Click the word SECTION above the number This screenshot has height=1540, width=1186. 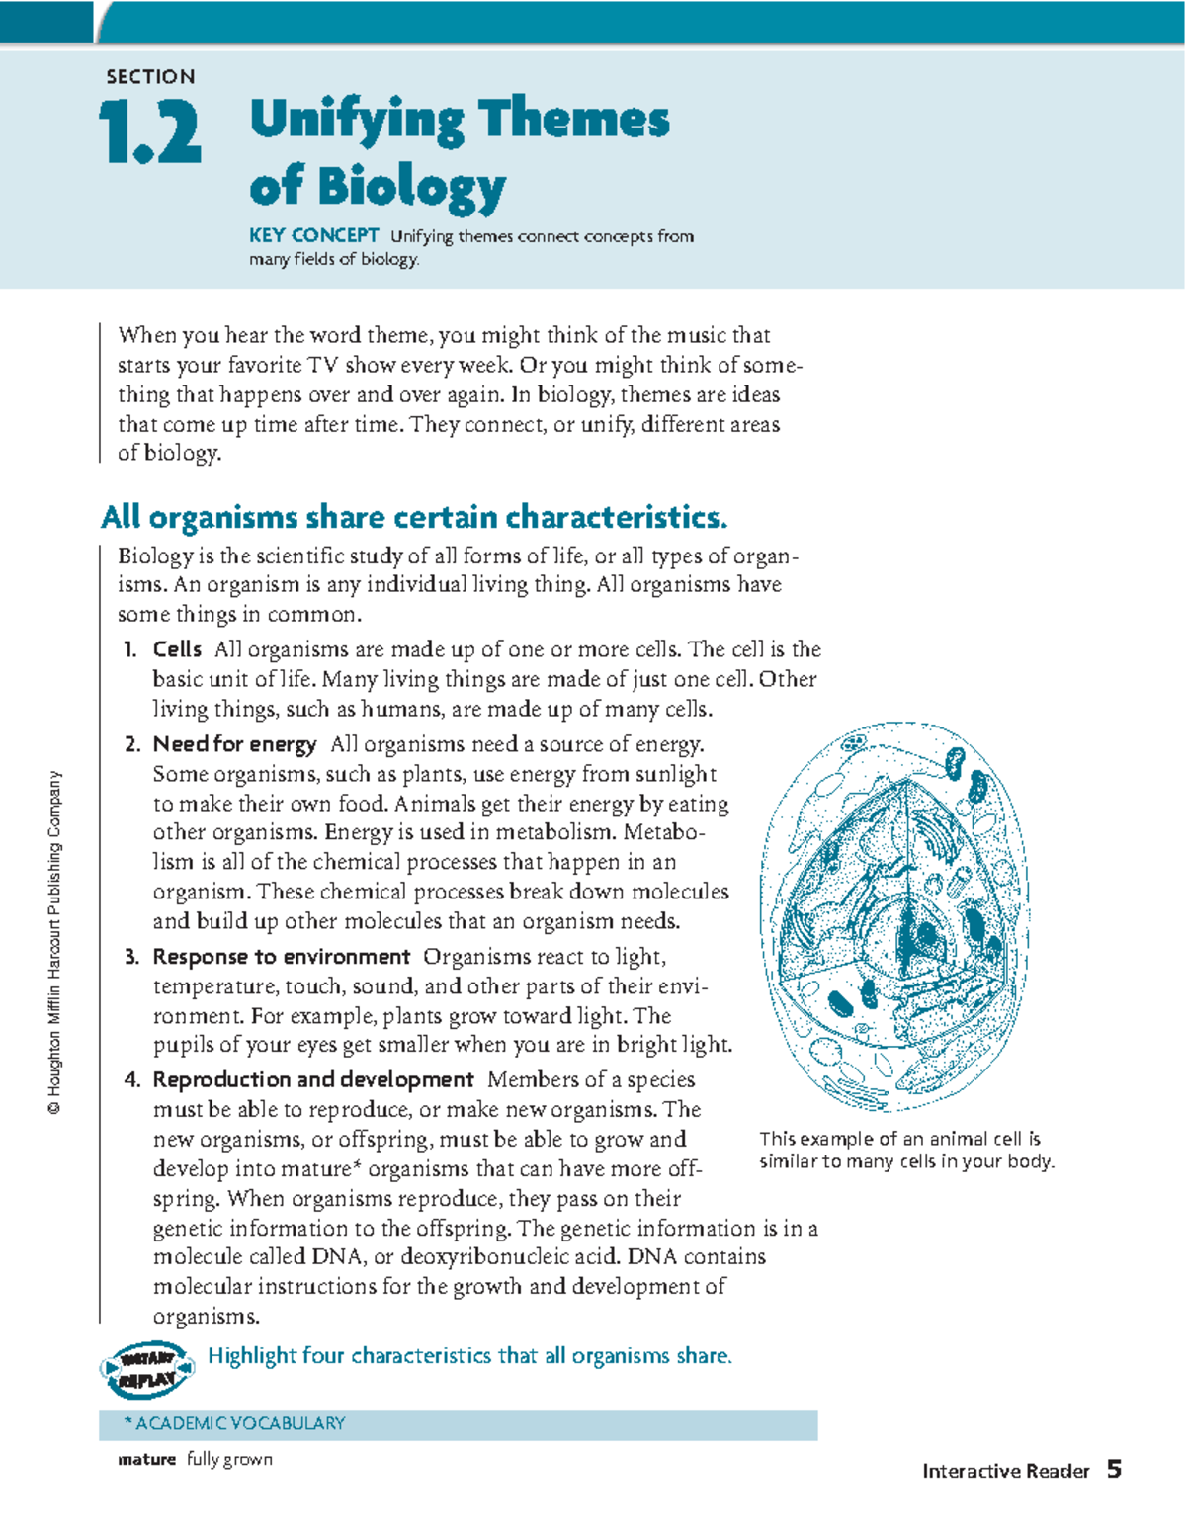(150, 77)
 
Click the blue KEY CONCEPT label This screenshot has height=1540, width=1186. (313, 235)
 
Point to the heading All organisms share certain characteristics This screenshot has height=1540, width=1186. (414, 517)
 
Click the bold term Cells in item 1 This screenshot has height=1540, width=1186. (177, 649)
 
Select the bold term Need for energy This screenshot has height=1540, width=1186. (234, 744)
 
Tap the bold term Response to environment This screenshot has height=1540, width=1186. (281, 957)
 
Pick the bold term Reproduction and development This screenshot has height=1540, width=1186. (312, 1079)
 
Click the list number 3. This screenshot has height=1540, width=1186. (131, 957)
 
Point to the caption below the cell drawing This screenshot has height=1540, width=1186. (905, 1150)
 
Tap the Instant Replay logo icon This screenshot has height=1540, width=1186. (146, 1369)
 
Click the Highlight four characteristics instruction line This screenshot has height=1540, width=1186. (469, 1356)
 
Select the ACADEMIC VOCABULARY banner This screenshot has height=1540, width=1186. (458, 1423)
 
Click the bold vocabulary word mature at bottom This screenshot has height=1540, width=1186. (146, 1460)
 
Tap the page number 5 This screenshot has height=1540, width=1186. (1114, 1469)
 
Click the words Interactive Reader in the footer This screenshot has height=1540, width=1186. (1005, 1471)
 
